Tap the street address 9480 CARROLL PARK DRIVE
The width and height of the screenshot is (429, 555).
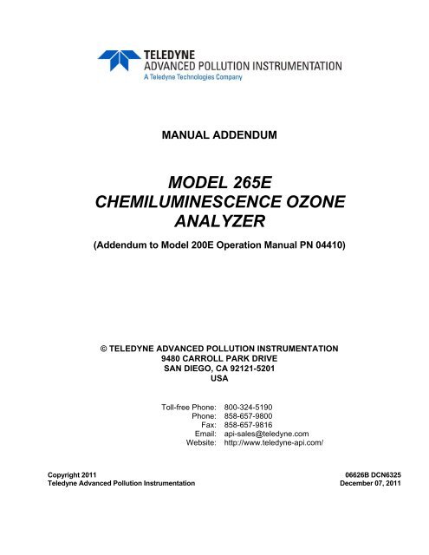click(214, 356)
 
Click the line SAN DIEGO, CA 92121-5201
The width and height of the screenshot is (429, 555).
click(214, 367)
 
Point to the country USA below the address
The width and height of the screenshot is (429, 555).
click(214, 377)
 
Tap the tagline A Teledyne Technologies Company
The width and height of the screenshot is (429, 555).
click(190, 77)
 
